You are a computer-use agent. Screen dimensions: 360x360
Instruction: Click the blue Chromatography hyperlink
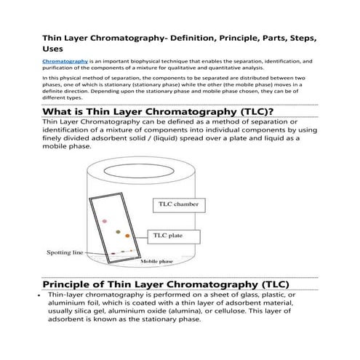pos(65,63)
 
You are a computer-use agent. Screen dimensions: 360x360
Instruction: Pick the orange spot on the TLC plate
pos(127,236)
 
